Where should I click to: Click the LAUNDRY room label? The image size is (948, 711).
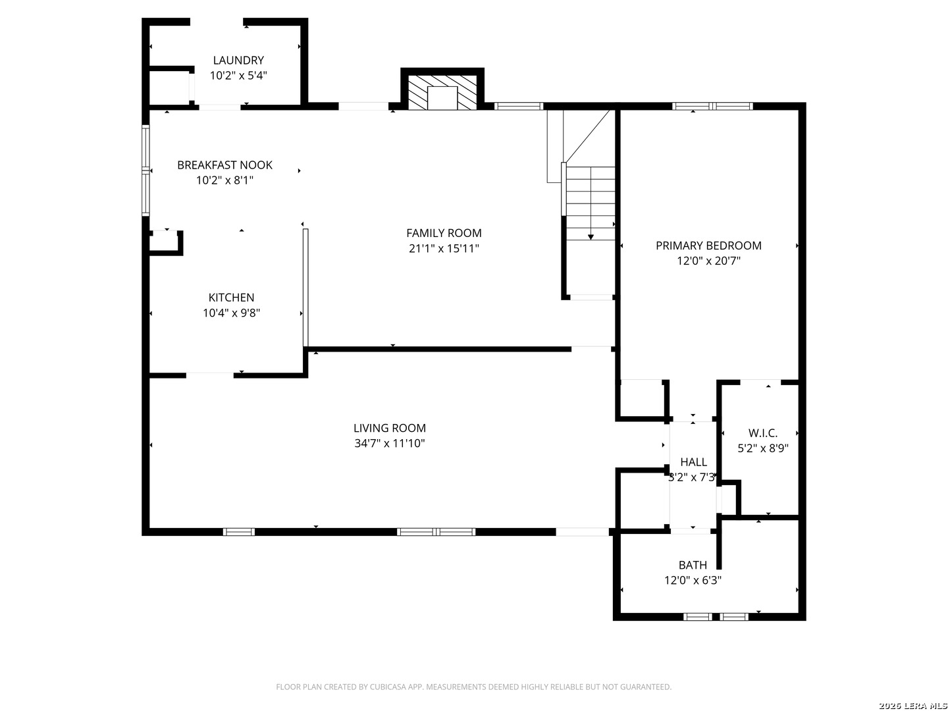(x=238, y=60)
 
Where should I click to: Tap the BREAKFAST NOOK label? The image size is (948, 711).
(x=224, y=165)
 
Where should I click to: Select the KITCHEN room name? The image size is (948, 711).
(x=231, y=298)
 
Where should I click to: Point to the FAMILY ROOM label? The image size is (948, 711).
(x=444, y=233)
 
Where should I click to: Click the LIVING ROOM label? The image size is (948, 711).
(x=390, y=428)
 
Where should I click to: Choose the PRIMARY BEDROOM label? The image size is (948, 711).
(x=708, y=246)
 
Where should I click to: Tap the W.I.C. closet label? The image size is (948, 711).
(x=763, y=433)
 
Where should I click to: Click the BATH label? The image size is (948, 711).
(x=693, y=565)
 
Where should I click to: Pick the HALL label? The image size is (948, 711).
(x=693, y=462)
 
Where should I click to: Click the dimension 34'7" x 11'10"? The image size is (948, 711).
(x=390, y=444)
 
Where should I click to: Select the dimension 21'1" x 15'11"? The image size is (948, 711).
(x=444, y=249)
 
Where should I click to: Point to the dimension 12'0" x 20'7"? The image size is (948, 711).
(x=708, y=261)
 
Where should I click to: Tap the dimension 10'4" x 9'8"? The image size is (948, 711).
(x=231, y=313)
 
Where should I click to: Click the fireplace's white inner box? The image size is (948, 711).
(x=442, y=98)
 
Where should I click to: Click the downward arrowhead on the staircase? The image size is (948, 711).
(x=591, y=237)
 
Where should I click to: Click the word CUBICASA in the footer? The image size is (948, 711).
(x=387, y=687)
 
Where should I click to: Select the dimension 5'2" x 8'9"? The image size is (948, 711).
(x=763, y=448)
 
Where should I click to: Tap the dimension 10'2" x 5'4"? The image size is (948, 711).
(x=238, y=76)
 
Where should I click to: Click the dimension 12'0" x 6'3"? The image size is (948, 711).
(x=693, y=581)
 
